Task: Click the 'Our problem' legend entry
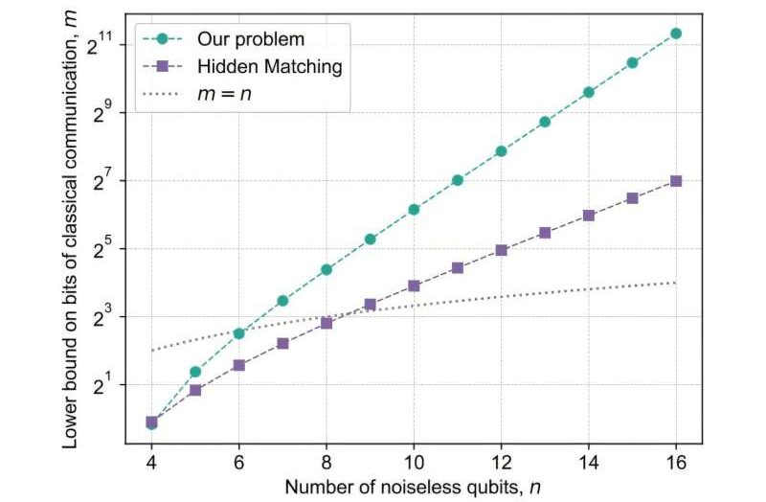pos(251,39)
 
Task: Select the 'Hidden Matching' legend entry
pos(268,67)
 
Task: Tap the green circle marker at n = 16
pos(676,34)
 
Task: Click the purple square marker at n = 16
pos(676,181)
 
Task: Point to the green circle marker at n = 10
pos(414,210)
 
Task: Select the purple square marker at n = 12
pos(501,250)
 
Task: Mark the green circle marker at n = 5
pos(195,372)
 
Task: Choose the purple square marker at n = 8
pos(327,323)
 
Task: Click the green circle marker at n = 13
pos(545,122)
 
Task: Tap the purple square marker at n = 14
pos(589,216)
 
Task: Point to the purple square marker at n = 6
pos(239,365)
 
